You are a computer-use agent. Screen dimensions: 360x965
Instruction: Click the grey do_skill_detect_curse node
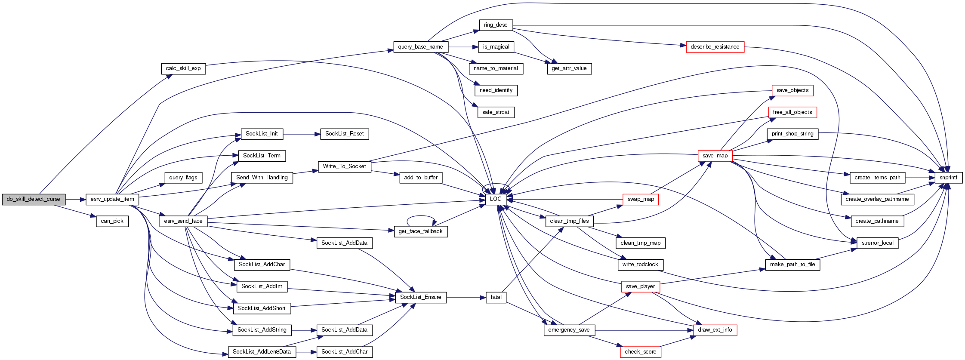click(34, 200)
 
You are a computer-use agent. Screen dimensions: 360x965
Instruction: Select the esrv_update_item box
click(112, 200)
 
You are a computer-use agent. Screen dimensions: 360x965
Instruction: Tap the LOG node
click(496, 200)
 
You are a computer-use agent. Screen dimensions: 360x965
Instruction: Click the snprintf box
click(948, 178)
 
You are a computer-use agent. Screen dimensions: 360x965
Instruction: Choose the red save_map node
click(715, 156)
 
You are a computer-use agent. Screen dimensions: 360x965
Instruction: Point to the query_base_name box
click(420, 47)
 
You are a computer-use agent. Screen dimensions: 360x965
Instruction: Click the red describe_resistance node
click(715, 47)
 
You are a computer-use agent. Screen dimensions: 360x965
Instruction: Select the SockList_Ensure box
click(420, 297)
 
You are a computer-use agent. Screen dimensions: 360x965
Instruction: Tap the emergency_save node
click(569, 330)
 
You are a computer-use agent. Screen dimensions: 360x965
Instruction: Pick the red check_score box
click(640, 352)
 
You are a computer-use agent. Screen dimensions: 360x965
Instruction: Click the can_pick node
click(112, 221)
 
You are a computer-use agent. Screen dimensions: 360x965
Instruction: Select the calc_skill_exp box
click(183, 68)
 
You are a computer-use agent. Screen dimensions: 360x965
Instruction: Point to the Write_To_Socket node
click(344, 166)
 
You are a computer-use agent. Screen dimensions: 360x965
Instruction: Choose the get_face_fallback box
click(420, 231)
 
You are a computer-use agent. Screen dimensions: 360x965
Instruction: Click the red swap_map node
click(641, 200)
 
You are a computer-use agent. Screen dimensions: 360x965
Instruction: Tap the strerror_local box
click(877, 243)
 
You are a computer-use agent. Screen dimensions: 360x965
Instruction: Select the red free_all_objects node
click(792, 112)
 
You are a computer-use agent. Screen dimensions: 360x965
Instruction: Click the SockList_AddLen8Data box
click(262, 352)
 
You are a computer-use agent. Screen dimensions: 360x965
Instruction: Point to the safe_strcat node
click(496, 112)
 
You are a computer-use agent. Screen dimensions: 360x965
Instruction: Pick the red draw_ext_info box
click(715, 330)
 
